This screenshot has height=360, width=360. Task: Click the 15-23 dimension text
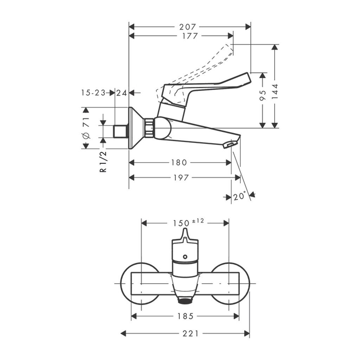click(93, 93)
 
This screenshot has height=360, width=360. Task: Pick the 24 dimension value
click(121, 93)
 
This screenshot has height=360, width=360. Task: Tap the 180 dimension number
click(179, 162)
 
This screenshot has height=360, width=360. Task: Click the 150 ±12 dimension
click(188, 223)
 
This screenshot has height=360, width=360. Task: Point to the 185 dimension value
click(186, 316)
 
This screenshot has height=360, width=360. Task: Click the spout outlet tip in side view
click(231, 144)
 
